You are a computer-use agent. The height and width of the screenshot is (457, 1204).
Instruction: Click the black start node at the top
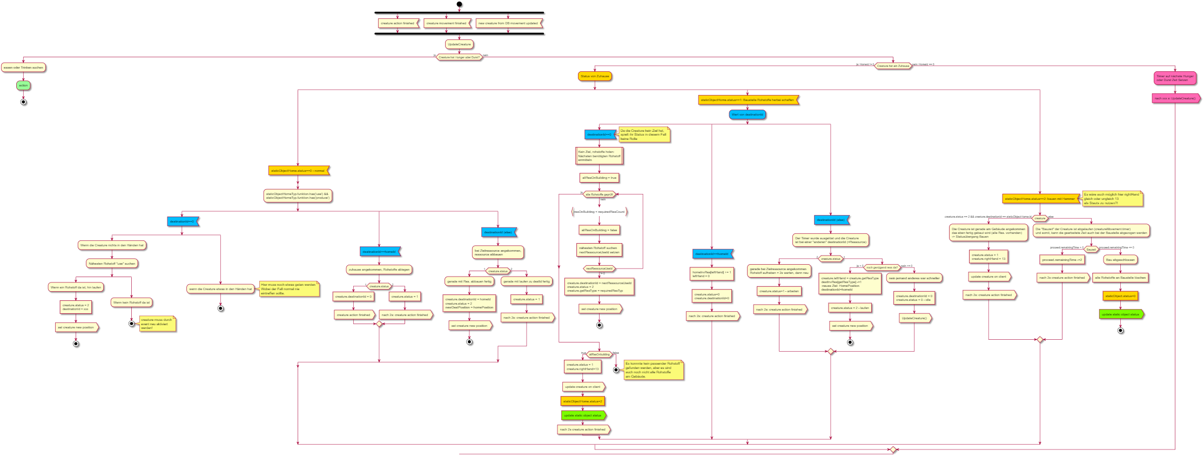459,4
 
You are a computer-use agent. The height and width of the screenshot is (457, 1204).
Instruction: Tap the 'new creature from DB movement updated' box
508,23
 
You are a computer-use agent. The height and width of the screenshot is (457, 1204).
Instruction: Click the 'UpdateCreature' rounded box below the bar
459,44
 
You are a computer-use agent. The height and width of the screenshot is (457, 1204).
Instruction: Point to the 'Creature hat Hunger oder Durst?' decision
459,57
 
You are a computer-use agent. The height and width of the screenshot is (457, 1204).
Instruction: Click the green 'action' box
23,85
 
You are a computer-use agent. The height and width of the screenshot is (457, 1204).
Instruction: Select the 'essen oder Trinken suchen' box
23,68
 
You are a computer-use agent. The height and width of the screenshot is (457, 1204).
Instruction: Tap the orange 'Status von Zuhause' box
595,76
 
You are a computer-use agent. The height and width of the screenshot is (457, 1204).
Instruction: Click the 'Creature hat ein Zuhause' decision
893,66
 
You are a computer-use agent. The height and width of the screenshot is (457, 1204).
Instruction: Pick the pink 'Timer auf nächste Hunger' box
1175,78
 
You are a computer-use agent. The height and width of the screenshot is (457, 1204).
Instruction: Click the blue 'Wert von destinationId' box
748,115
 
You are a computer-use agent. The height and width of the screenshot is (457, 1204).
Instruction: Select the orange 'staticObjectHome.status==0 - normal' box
298,171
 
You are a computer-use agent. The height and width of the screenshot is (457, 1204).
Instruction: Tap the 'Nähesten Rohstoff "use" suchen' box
112,264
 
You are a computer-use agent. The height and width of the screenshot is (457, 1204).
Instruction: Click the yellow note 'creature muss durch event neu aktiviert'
157,324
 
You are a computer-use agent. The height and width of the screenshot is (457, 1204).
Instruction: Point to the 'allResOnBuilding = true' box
599,178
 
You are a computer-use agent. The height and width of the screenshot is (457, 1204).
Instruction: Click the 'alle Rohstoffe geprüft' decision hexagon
600,194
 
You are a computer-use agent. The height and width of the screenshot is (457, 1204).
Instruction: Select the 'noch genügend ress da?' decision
882,267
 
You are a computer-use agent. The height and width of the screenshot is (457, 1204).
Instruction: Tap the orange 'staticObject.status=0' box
1120,296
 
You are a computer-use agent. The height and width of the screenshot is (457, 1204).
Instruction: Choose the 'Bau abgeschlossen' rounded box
1120,260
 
